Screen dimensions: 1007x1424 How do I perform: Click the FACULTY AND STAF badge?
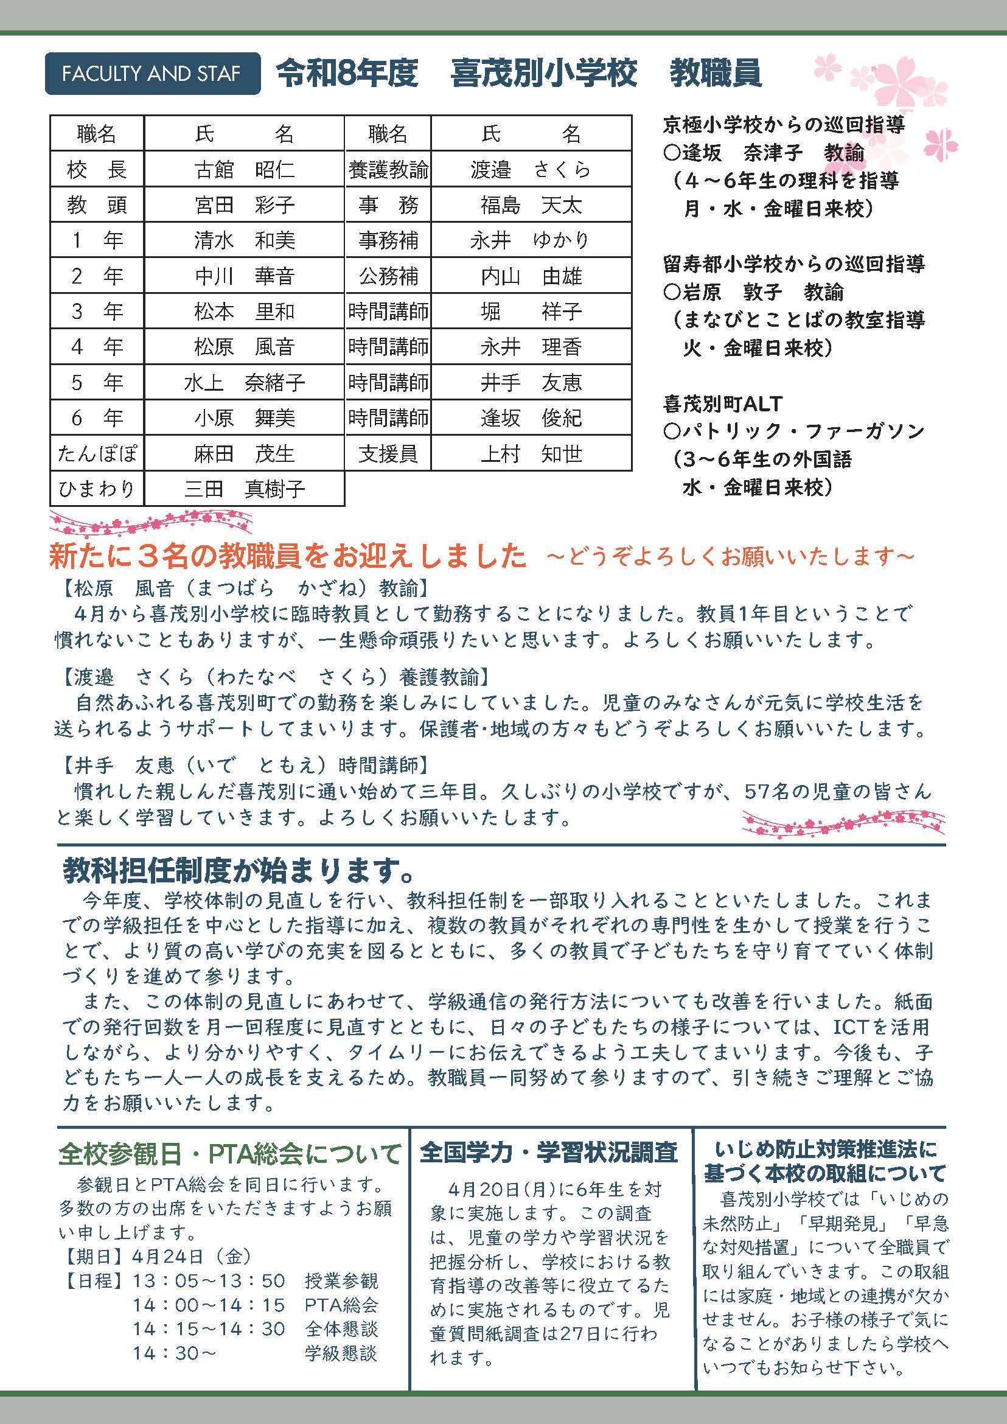click(x=152, y=74)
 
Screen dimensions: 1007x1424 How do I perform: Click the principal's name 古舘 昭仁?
click(x=245, y=169)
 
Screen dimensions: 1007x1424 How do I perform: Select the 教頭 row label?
click(x=97, y=204)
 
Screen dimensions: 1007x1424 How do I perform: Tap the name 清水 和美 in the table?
click(x=245, y=240)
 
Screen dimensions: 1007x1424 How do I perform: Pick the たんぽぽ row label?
click(x=97, y=454)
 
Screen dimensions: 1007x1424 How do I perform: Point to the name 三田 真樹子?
click(x=245, y=489)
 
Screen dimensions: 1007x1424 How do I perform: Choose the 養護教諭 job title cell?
click(x=388, y=169)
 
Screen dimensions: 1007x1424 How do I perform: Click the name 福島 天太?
click(x=531, y=204)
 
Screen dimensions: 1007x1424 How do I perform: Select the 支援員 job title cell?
click(x=388, y=454)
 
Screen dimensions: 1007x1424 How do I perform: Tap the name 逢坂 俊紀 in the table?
click(x=531, y=418)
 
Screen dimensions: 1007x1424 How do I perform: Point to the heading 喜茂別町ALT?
click(x=722, y=403)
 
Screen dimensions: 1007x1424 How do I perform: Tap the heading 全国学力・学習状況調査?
click(x=549, y=1153)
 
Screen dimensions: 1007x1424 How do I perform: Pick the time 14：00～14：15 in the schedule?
click(x=209, y=1305)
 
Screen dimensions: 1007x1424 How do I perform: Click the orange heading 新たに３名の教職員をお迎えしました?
click(x=288, y=556)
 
